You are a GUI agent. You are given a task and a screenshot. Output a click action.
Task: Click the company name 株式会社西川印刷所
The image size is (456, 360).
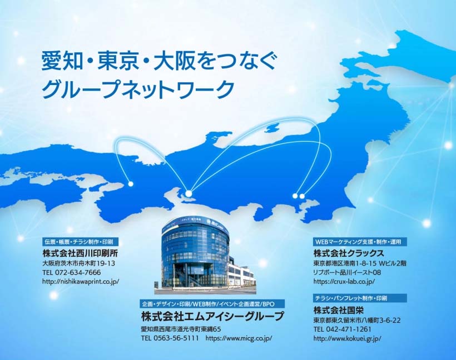tap(80, 253)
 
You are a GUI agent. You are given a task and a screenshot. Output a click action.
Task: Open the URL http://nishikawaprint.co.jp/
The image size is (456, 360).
tap(81, 282)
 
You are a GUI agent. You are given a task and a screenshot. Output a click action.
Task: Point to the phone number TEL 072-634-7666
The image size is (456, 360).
tap(71, 272)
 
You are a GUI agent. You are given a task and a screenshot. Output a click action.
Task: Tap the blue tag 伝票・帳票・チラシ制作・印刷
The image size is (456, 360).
tap(78, 242)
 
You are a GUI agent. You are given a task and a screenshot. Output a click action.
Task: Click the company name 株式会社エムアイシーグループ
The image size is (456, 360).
tap(212, 317)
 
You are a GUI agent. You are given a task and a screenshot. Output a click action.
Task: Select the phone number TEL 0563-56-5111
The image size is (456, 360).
tap(170, 338)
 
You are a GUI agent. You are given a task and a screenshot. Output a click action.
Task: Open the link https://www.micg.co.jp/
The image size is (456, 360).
tap(239, 338)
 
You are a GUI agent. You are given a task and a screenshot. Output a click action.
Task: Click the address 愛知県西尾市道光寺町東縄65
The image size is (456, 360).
tap(181, 328)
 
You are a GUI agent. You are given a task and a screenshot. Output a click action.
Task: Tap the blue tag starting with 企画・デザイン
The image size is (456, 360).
tap(212, 304)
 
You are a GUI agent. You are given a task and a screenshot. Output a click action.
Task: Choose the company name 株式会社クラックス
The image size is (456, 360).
tap(349, 253)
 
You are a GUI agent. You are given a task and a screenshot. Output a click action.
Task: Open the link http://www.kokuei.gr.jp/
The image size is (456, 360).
tap(347, 338)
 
